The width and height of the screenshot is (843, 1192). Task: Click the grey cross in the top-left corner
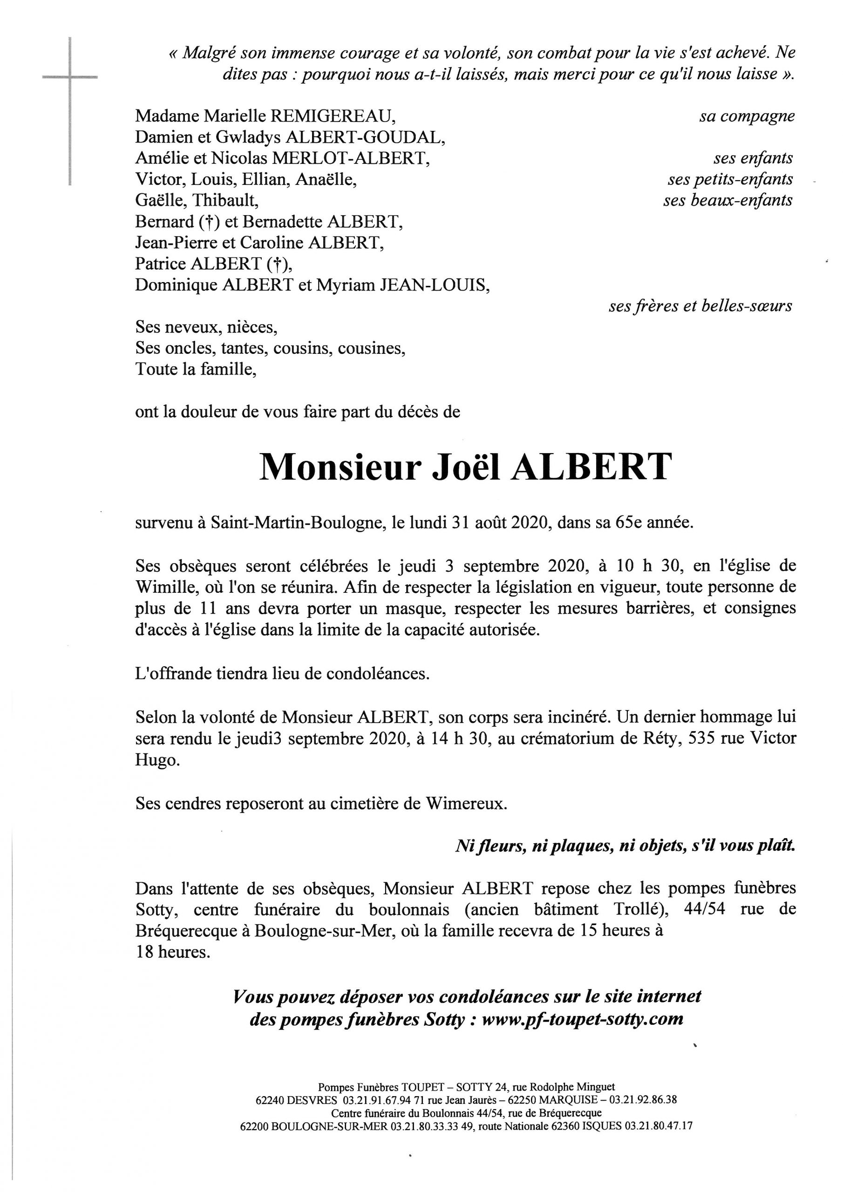point(69,78)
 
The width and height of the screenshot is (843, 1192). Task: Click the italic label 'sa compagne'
point(747,116)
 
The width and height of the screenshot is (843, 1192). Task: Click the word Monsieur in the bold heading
point(339,467)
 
